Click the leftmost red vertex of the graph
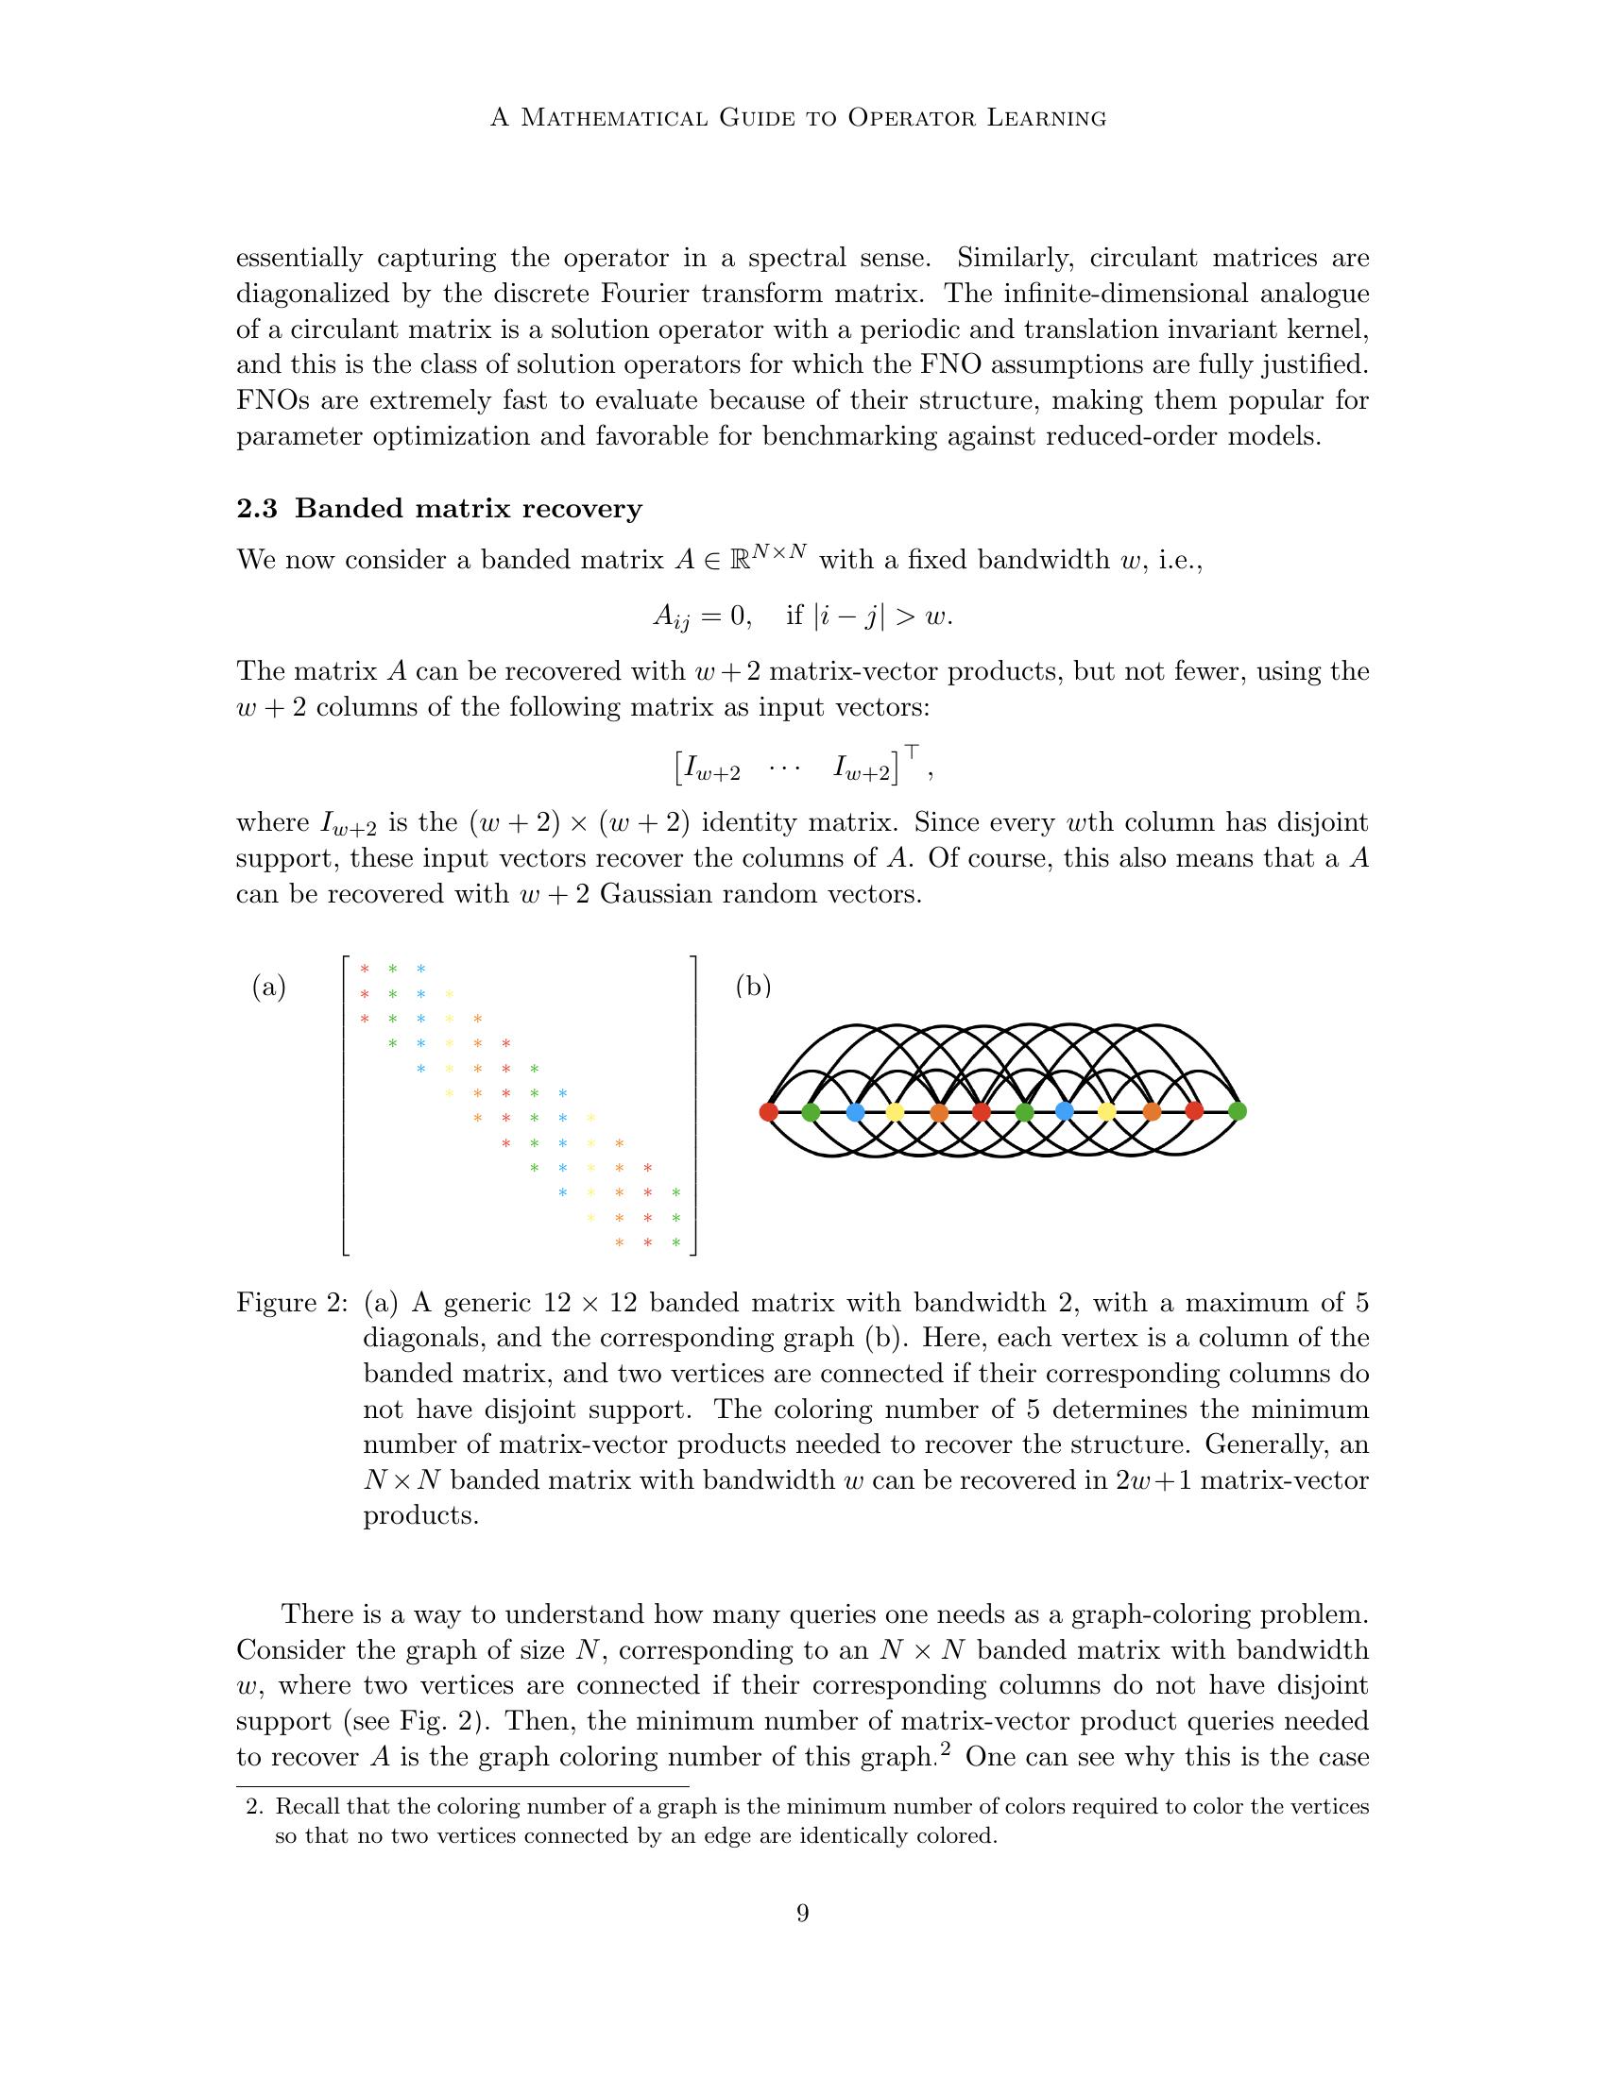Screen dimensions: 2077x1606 [769, 1111]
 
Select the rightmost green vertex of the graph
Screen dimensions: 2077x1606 [1237, 1110]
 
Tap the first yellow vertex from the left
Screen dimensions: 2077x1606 [895, 1111]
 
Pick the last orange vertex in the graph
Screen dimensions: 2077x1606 [1153, 1110]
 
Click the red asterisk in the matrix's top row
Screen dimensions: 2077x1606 [364, 969]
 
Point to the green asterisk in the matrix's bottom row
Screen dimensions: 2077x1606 [676, 1242]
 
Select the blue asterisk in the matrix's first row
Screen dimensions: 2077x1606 [420, 969]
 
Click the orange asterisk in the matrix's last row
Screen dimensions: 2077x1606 [620, 1242]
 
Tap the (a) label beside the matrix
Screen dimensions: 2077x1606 [268, 988]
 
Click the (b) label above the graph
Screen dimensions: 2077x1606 [753, 987]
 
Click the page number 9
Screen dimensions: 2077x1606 [802, 1940]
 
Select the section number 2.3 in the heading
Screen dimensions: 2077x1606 [256, 509]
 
